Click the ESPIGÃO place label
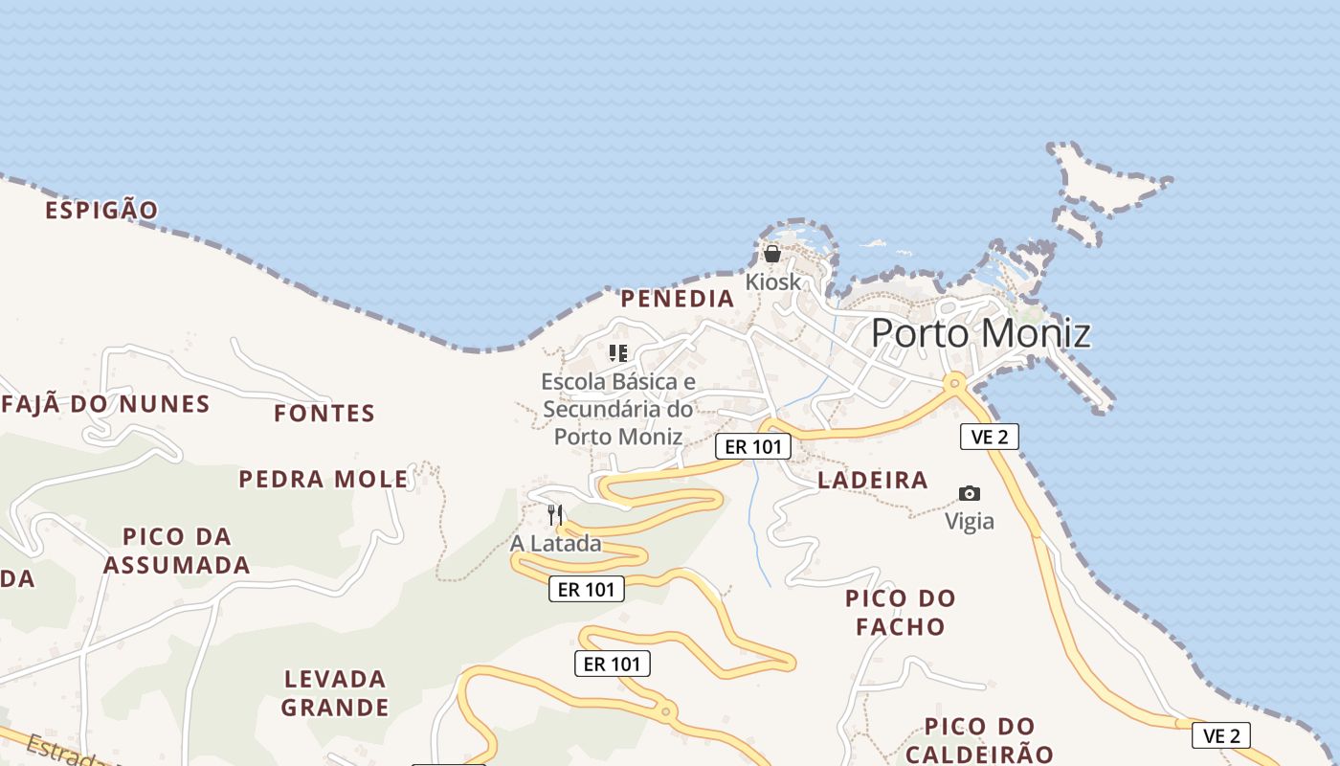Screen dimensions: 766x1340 coord(101,210)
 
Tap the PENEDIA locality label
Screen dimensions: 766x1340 coord(678,299)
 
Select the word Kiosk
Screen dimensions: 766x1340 coord(773,282)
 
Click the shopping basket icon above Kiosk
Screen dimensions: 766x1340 coord(771,254)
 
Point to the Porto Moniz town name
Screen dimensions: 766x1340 coord(980,333)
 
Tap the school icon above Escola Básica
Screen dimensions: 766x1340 coord(618,353)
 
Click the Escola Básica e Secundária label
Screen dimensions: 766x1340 coord(618,409)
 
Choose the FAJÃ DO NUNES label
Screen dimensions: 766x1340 coord(105,404)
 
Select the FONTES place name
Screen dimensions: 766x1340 coord(324,414)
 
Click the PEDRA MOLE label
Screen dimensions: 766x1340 coord(324,479)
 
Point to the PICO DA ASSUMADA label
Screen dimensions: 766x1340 coord(177,551)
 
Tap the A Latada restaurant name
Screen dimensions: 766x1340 coord(556,544)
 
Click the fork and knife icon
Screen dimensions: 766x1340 coord(555,515)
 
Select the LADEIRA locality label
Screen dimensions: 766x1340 coord(873,481)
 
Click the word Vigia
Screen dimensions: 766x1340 coord(970,522)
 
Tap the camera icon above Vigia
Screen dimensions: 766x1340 coord(970,494)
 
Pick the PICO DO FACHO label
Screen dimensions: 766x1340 coord(901,613)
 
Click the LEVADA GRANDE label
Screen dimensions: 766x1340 coord(335,693)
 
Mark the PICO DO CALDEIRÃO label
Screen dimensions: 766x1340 coord(979,740)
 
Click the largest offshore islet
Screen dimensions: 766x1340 coord(1101,182)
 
